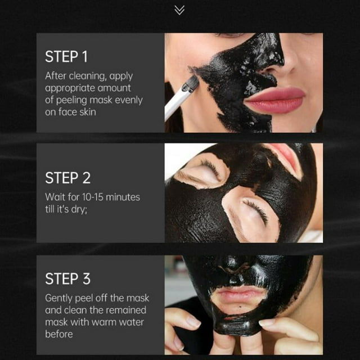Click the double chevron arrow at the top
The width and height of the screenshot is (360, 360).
(x=179, y=10)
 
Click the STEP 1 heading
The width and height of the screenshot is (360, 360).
(x=66, y=57)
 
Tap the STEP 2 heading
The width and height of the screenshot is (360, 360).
(x=67, y=178)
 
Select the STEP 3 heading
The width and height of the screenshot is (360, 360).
(x=67, y=279)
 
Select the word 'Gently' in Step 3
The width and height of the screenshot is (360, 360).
(x=58, y=299)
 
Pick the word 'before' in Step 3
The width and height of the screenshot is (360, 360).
(x=59, y=334)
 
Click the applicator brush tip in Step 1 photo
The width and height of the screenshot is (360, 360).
(x=191, y=84)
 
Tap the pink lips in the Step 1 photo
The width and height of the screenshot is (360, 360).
(x=275, y=100)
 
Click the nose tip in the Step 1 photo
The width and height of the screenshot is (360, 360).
(x=286, y=62)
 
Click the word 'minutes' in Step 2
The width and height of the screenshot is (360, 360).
(x=123, y=197)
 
